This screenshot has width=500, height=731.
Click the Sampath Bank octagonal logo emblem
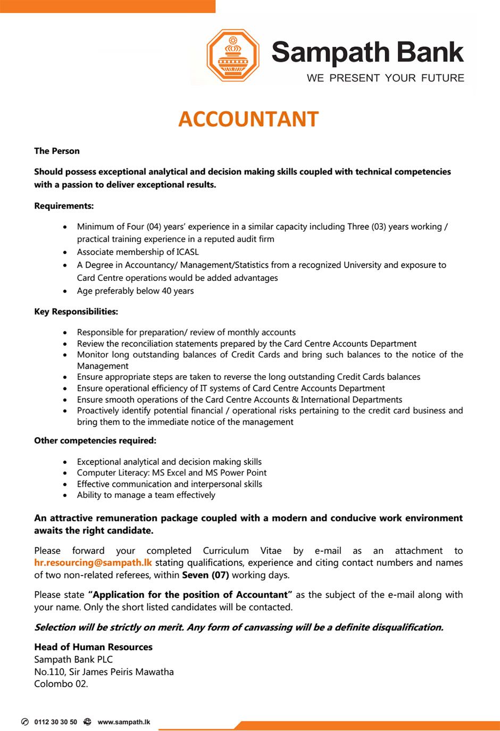pos(232,56)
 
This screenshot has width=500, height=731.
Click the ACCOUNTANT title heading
pos(248,119)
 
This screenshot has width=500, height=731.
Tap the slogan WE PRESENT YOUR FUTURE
pos(385,78)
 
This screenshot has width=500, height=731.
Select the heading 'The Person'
pos(57,151)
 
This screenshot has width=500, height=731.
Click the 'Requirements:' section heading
pos(64,206)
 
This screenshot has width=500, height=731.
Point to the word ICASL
pos(187,252)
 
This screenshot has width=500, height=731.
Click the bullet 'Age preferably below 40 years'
pos(135,291)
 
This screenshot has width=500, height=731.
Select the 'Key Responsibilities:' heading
pos(76,312)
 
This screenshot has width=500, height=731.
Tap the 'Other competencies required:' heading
pos(95,441)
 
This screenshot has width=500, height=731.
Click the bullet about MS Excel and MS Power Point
pos(171,472)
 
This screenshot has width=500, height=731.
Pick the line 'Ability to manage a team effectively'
pos(146,495)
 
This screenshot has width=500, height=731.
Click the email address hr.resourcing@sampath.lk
pos(93,563)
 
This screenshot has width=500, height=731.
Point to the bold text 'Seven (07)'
pos(205,575)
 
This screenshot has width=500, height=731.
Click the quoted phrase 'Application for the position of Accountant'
pos(190,595)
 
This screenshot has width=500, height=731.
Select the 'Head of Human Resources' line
pos(93,647)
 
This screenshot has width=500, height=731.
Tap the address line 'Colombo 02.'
pos(61,684)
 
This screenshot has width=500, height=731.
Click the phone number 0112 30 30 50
pos(55,722)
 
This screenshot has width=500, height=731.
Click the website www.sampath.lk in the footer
pos(124,722)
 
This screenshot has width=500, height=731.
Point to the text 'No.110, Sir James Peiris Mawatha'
pos(104,672)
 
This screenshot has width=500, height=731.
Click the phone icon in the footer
pos(24,722)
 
